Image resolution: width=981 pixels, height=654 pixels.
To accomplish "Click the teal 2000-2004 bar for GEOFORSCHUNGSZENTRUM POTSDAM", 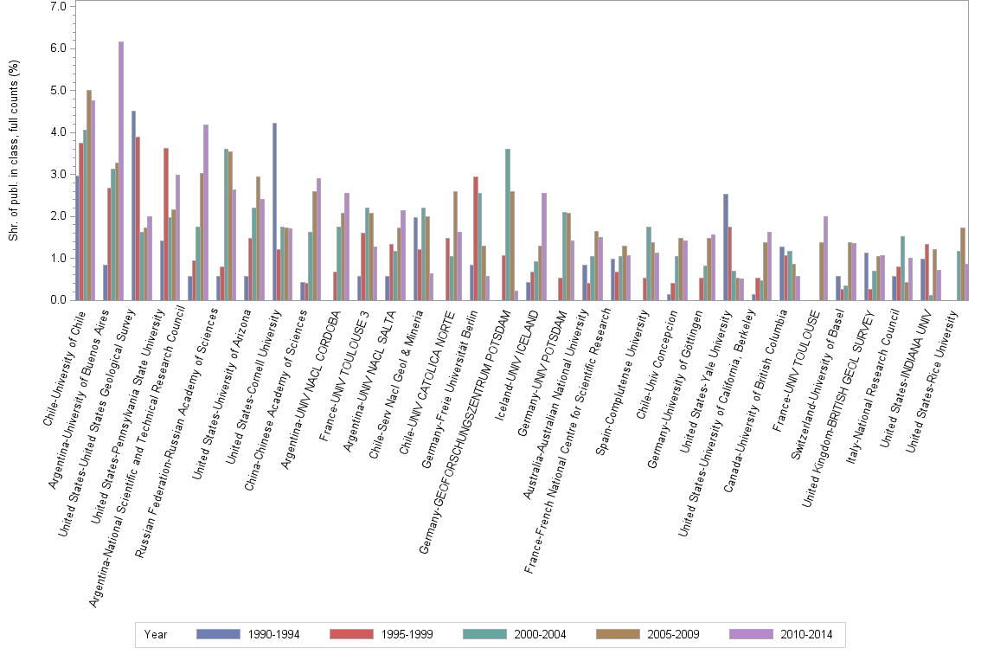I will (x=508, y=225).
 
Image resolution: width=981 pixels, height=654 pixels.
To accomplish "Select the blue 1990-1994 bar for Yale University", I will (x=726, y=247).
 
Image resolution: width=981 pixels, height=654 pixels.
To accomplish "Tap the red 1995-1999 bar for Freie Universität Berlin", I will (x=476, y=239).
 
